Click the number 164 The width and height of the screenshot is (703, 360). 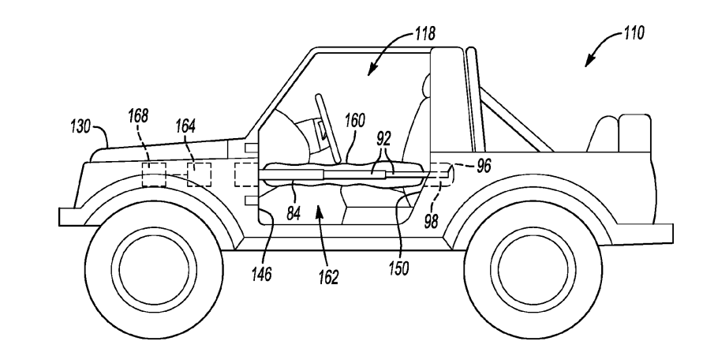pyautogui.click(x=186, y=125)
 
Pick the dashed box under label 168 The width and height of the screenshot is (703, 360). pyautogui.click(x=154, y=174)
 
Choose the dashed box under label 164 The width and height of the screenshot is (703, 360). pyautogui.click(x=199, y=174)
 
